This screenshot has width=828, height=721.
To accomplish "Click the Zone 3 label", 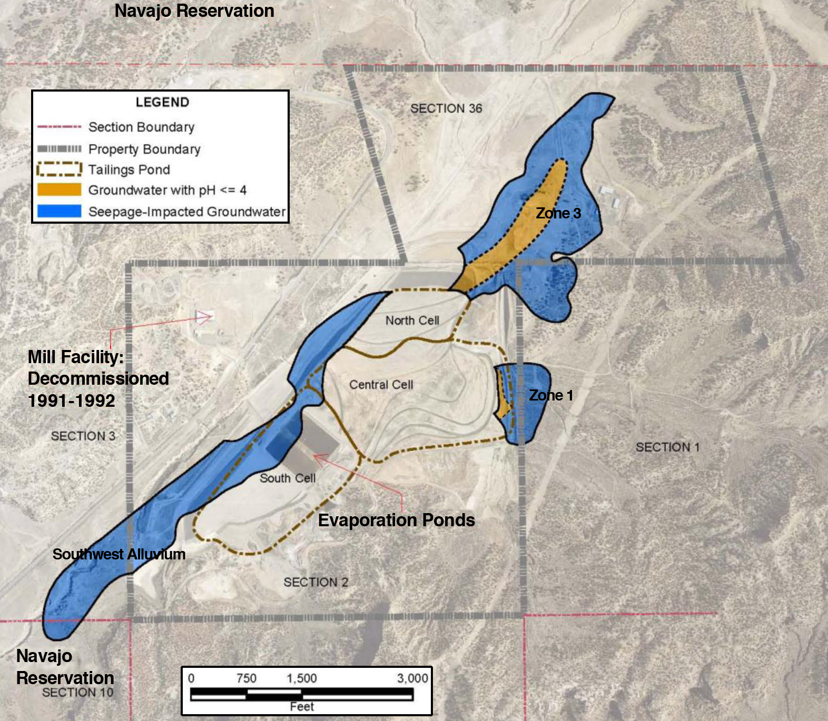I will [558, 213].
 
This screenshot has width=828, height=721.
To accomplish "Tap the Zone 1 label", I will [551, 395].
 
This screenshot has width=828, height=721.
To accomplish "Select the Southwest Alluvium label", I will [119, 554].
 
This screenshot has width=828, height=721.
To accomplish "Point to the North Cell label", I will [412, 321].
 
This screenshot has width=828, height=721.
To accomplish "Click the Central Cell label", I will [381, 385].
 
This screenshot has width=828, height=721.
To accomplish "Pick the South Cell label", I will [288, 478].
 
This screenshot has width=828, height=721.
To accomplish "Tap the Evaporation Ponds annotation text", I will [397, 520].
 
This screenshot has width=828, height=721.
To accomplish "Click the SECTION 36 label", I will [446, 108].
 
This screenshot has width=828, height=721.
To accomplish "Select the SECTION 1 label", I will [667, 447].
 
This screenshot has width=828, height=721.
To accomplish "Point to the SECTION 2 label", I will [316, 582].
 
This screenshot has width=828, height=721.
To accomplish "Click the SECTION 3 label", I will [83, 436].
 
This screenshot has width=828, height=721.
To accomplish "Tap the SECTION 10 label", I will [78, 693].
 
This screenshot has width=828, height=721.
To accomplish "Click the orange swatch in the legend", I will [60, 190].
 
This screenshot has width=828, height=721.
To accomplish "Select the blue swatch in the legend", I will [60, 212].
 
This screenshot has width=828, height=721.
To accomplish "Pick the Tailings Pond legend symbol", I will [60, 169].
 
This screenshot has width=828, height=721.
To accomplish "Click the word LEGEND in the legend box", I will [162, 102].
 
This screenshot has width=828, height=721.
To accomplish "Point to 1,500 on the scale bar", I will [302, 678].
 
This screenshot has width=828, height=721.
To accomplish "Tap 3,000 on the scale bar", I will [412, 678].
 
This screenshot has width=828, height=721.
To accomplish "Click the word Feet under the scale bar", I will [302, 706].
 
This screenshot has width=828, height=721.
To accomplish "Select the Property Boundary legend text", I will [144, 149].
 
